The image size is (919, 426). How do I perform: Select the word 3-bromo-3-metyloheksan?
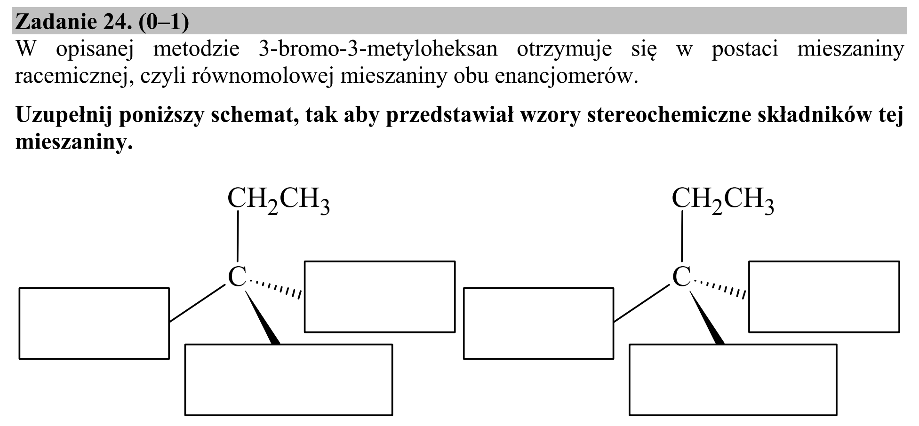click(x=378, y=49)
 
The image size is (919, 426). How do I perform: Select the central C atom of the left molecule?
click(x=237, y=276)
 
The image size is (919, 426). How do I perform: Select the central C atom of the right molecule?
click(x=681, y=276)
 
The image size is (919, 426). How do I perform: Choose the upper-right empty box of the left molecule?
click(x=380, y=261)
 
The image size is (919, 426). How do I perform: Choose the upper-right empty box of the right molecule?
click(x=824, y=261)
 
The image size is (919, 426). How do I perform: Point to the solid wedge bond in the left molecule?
click(x=263, y=318)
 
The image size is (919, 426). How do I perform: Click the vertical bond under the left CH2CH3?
click(x=238, y=236)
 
